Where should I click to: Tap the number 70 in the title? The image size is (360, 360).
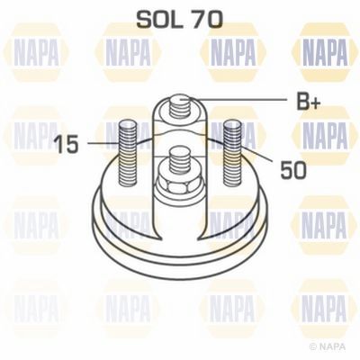point(207,20)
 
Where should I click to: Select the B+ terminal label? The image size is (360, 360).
point(309,101)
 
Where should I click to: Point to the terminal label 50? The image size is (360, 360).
point(293,170)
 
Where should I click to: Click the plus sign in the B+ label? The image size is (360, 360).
point(315,103)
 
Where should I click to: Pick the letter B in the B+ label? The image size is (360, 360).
point(302,101)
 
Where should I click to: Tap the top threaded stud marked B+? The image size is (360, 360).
point(180,107)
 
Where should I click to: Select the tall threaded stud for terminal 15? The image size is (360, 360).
point(128,152)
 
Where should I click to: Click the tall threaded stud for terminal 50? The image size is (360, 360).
point(232,152)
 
